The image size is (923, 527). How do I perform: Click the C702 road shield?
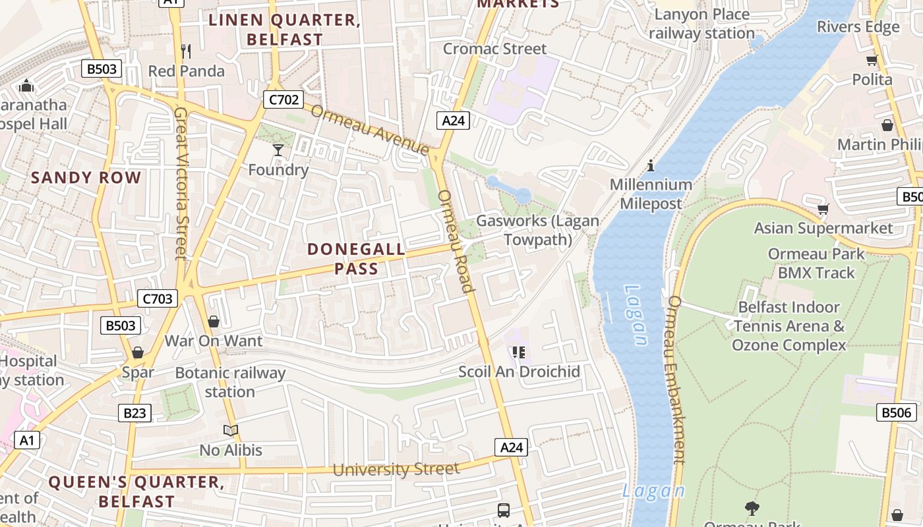click(x=283, y=100)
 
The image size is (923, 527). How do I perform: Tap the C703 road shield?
click(x=158, y=299)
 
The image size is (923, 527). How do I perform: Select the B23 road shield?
click(x=135, y=413)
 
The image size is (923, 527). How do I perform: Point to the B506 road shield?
click(x=897, y=413)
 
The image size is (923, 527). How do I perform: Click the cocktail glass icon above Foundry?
click(x=278, y=150)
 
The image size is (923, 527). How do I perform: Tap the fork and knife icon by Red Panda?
click(x=186, y=51)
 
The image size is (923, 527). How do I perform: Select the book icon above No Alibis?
click(x=230, y=430)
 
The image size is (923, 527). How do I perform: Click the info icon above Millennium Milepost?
click(x=651, y=165)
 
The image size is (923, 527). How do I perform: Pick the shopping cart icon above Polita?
click(x=872, y=61)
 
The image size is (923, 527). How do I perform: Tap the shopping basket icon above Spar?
click(x=138, y=352)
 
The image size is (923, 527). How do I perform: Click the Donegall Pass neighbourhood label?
click(x=356, y=259)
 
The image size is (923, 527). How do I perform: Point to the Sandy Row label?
click(x=86, y=177)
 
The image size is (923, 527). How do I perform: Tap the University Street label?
click(x=396, y=469)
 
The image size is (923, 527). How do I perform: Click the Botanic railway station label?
click(x=230, y=382)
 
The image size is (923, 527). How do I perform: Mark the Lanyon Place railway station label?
click(x=701, y=24)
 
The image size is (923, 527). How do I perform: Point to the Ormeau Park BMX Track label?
click(x=816, y=263)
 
